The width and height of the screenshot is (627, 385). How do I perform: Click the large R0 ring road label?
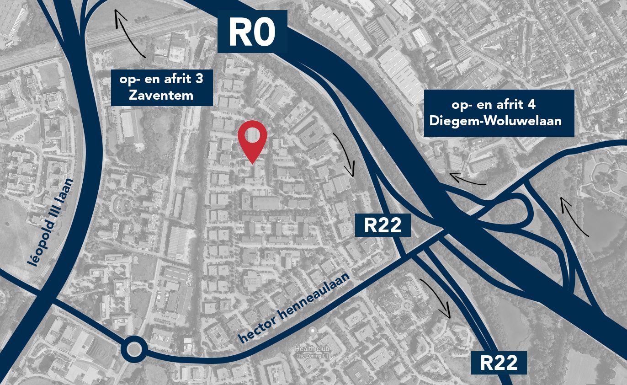pyautogui.click(x=252, y=32)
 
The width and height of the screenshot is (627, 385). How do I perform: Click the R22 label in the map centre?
pyautogui.click(x=383, y=225)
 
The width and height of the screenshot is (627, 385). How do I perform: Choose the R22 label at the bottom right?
pyautogui.click(x=499, y=363)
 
